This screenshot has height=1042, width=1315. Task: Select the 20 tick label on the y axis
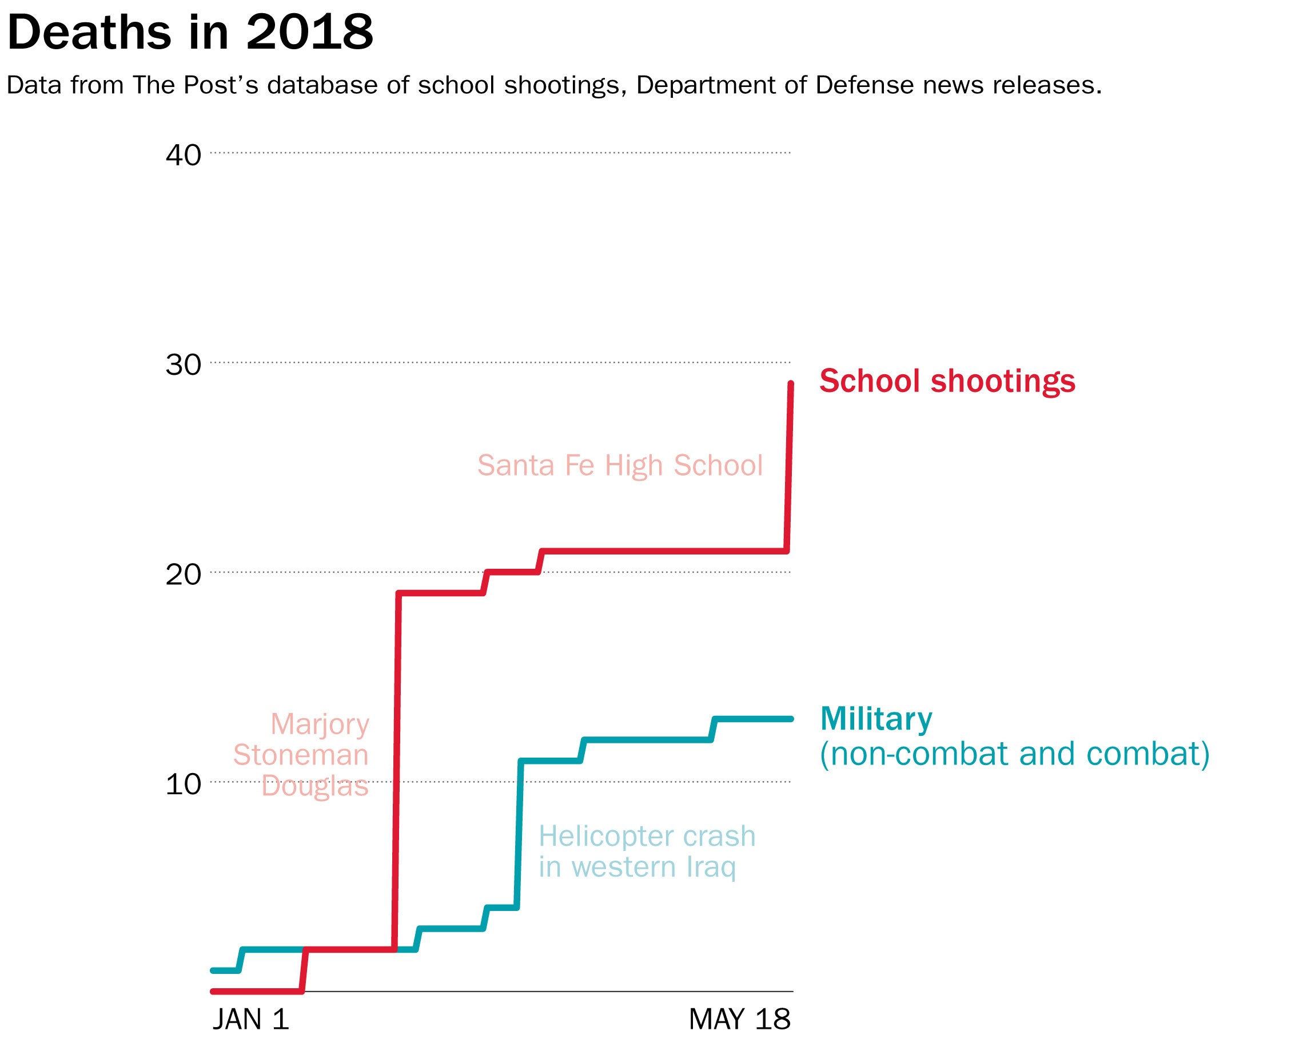pos(183,575)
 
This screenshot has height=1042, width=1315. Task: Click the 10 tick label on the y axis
pos(183,785)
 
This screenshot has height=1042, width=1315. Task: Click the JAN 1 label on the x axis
pos(250,1019)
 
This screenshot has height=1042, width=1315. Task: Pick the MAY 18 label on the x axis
pos(739,1019)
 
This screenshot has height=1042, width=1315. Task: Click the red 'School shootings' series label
pos(947,381)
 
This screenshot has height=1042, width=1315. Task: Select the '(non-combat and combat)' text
pos(1014,754)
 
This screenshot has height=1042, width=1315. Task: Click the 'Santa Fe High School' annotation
pos(619,465)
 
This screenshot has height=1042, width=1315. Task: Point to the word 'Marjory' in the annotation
pos(320,725)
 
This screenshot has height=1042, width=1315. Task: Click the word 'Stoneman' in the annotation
pos(301,755)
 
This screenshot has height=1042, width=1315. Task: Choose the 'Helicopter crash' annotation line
pos(647,836)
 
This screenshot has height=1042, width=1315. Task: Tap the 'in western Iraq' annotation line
pos(637,867)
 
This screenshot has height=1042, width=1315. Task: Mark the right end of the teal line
pos(791,719)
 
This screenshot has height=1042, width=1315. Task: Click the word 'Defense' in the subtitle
pos(866,85)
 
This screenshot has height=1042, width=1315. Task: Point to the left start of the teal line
pos(213,970)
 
